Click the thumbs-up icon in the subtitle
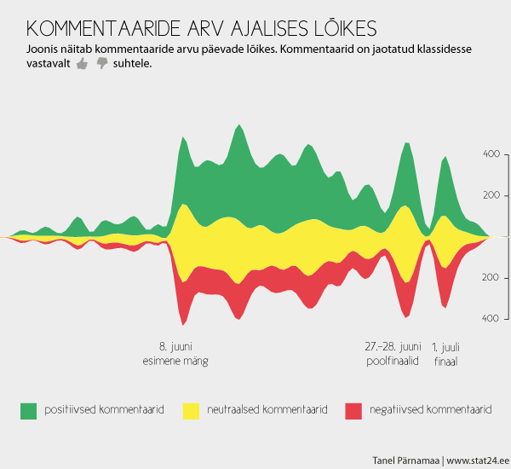click(x=83, y=64)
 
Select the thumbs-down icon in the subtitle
click(x=102, y=64)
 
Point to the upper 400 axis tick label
click(x=491, y=154)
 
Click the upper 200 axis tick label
click(x=491, y=195)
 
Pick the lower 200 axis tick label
click(x=491, y=278)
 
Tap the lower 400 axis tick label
click(x=491, y=318)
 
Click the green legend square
click(x=28, y=410)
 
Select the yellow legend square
click(x=191, y=410)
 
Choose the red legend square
click(x=353, y=410)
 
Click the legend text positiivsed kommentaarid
click(x=103, y=410)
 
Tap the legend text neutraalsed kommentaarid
click(x=267, y=410)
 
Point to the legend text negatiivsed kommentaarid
click(x=430, y=410)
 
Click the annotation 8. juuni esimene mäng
click(x=175, y=354)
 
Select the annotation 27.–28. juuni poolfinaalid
click(x=393, y=354)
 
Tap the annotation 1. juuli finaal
click(x=445, y=354)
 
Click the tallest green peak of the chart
click(x=238, y=127)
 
